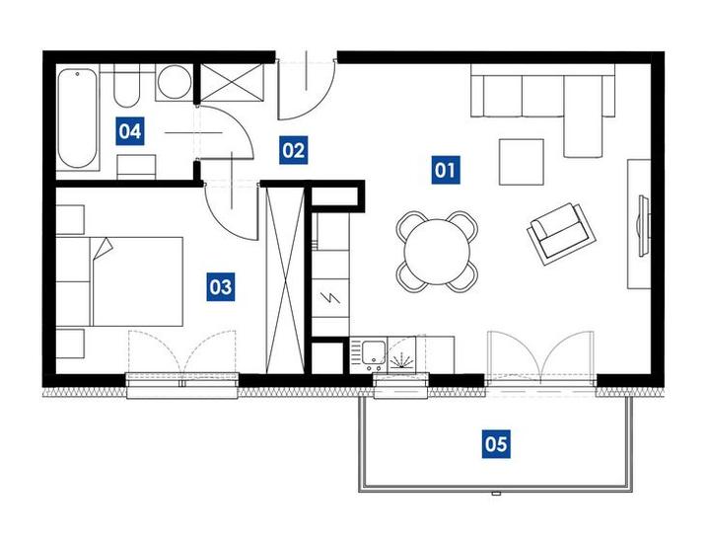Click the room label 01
tap(446, 170)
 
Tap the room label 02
tap(294, 150)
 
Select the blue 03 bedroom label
tap(221, 286)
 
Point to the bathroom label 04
tap(130, 131)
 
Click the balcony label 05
tap(496, 444)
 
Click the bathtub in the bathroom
tap(78, 117)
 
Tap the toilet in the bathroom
tap(126, 86)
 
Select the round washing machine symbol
tap(175, 82)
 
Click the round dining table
tap(438, 252)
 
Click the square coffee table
tap(522, 162)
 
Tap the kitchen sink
tap(374, 351)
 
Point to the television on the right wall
tap(642, 226)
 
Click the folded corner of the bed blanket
tap(103, 248)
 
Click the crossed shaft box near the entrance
tap(232, 82)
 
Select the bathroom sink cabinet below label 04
tap(136, 167)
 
